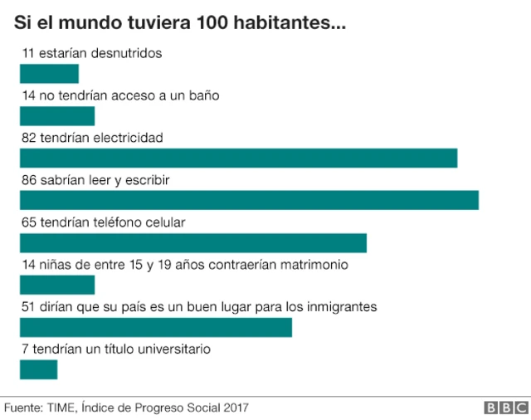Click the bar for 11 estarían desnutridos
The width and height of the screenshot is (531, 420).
click(x=49, y=73)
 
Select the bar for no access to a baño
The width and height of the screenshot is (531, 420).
click(x=57, y=115)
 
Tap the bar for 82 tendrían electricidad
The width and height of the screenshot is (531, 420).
click(x=238, y=158)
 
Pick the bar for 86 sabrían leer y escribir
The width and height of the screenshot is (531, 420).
click(x=249, y=200)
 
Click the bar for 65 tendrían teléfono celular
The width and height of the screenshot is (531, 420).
click(x=192, y=242)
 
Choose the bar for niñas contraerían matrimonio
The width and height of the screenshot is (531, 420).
click(x=57, y=285)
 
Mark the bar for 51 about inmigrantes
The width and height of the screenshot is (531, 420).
click(x=156, y=327)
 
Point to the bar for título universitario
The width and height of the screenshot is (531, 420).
click(x=38, y=369)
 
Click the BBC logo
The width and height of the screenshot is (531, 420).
click(x=505, y=408)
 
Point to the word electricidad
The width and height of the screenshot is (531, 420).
click(x=128, y=137)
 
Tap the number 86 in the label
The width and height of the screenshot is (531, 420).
click(x=29, y=179)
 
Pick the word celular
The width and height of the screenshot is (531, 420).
click(x=163, y=222)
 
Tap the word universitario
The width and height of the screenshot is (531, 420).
click(x=173, y=349)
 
